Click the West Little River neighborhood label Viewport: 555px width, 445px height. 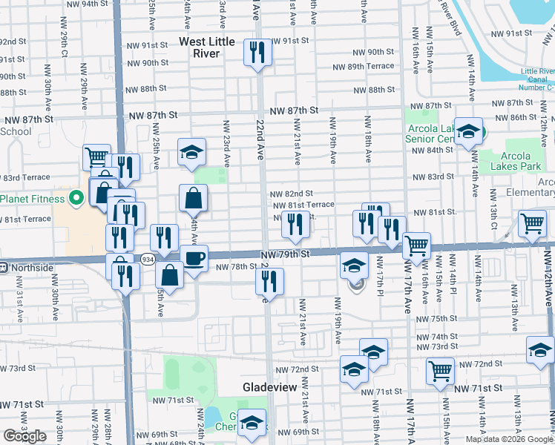click(209, 47)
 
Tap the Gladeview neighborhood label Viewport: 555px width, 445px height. click(270, 388)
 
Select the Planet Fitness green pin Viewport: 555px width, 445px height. click(75, 199)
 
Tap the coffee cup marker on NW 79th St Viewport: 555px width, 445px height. click(194, 258)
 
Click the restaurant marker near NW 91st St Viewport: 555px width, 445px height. click(257, 52)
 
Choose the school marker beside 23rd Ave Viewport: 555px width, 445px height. click(191, 154)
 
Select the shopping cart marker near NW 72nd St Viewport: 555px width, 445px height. click(440, 370)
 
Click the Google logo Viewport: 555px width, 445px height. click(24, 436)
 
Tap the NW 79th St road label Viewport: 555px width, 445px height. click(283, 254)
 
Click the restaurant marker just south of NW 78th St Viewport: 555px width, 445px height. click(269, 281)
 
